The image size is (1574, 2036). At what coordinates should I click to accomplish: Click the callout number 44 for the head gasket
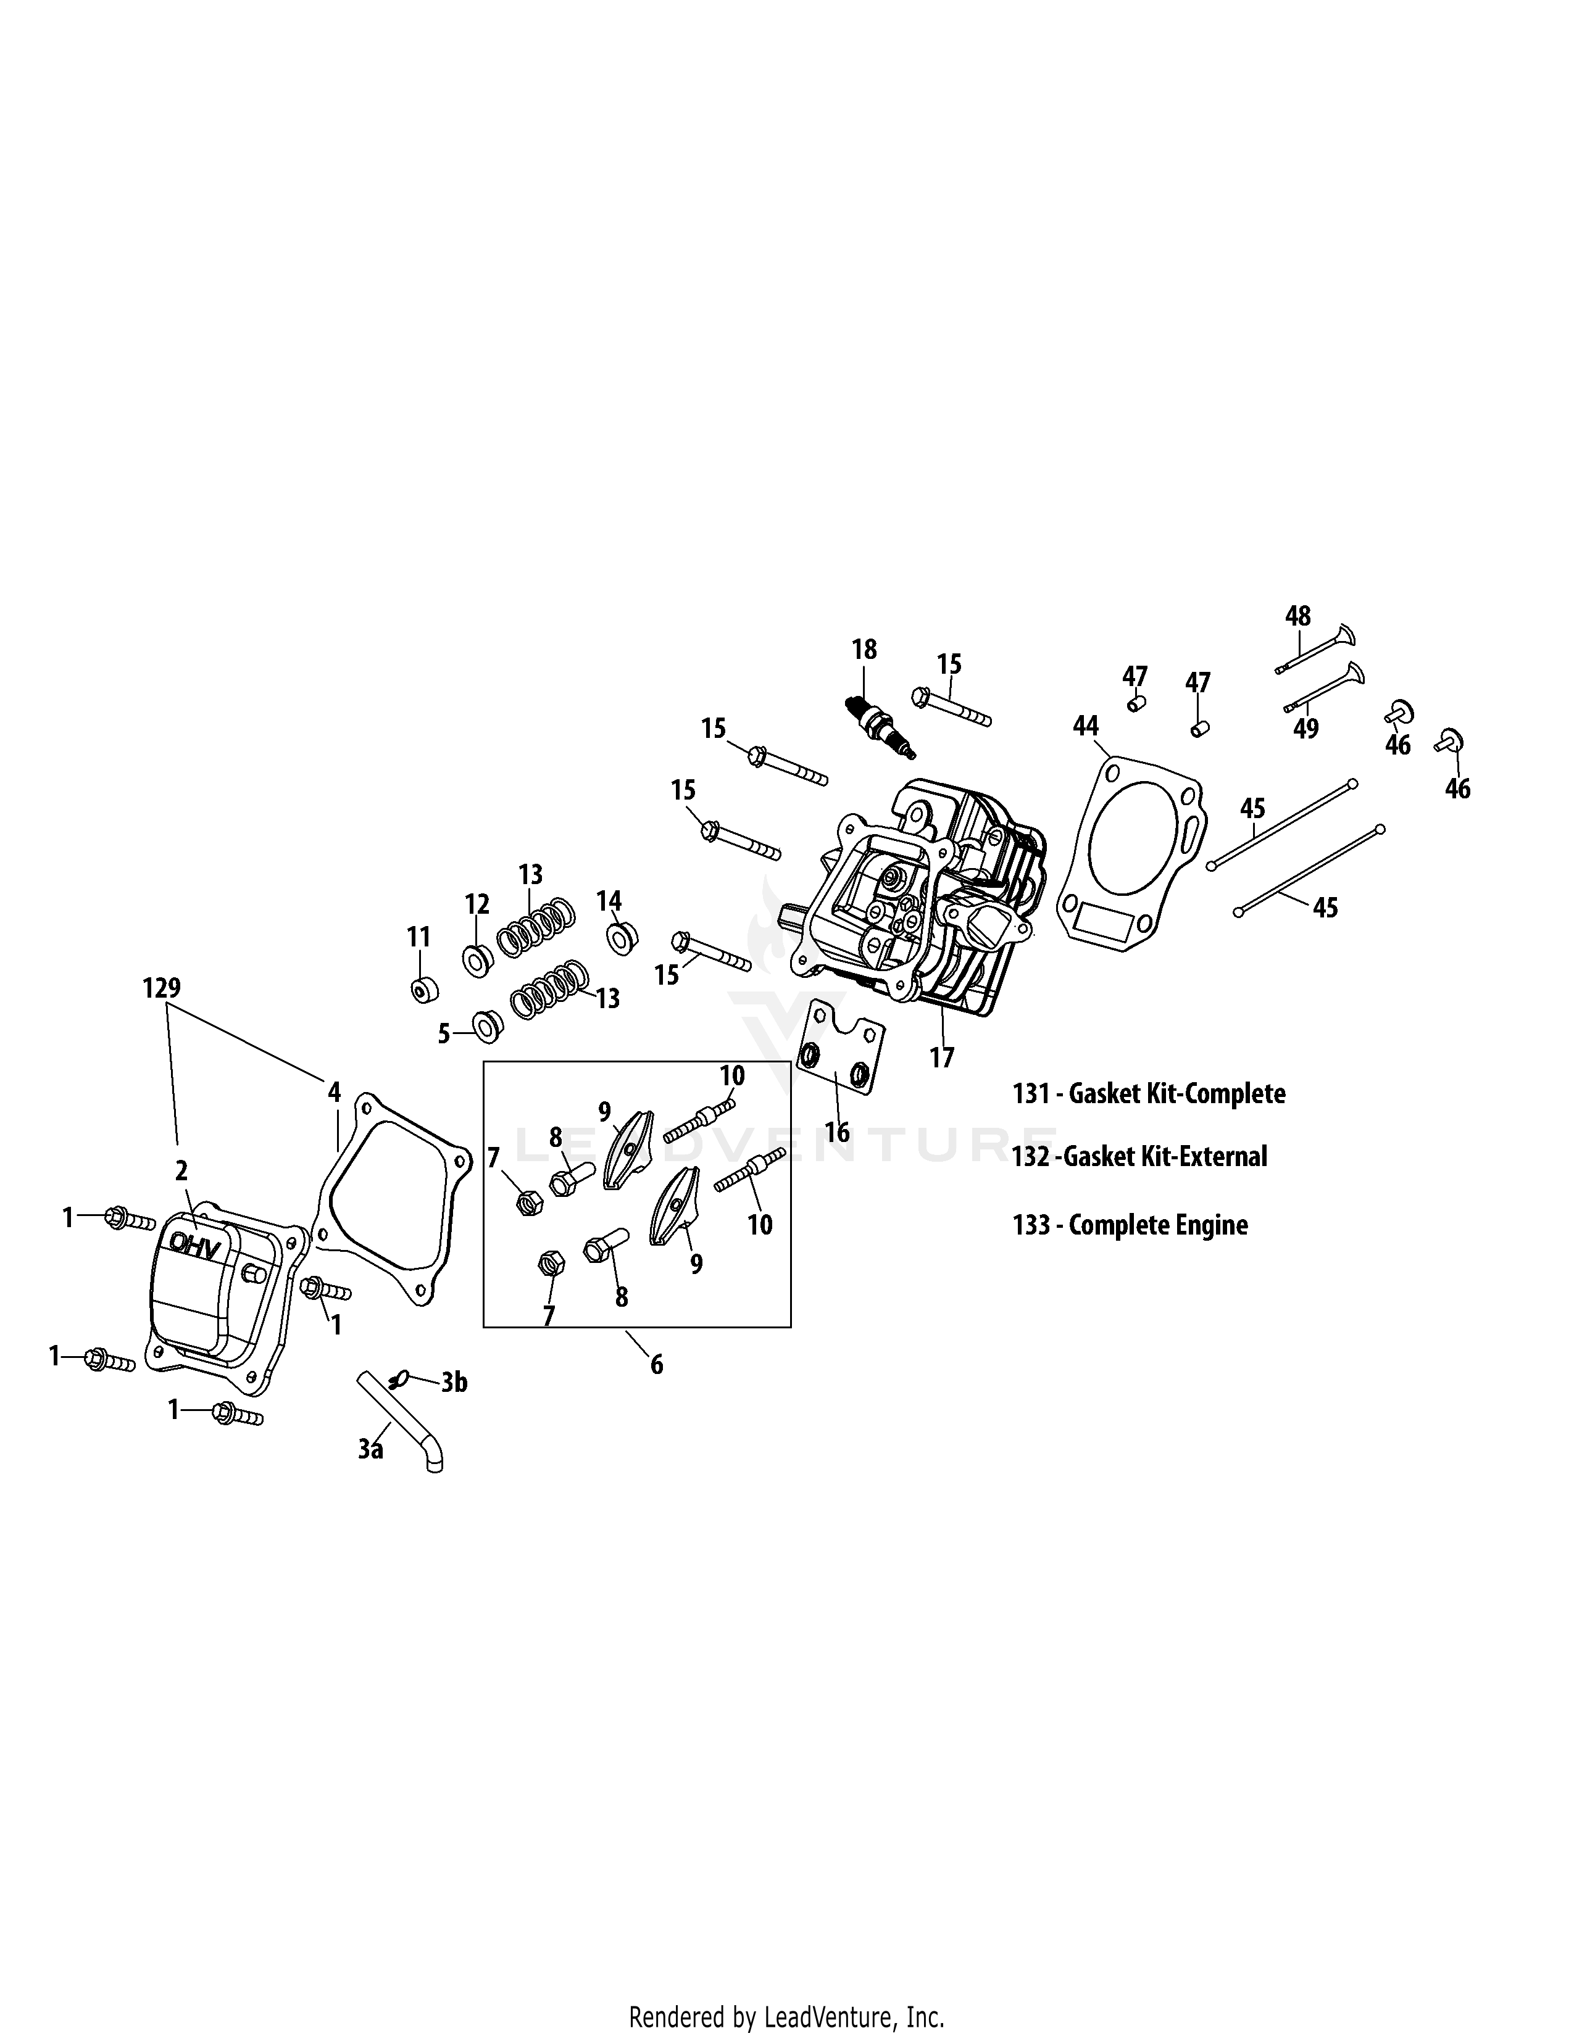[x=1086, y=726]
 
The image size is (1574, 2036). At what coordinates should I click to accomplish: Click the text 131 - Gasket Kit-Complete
[x=1149, y=1093]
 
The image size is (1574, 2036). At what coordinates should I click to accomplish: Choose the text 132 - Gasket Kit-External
[x=1139, y=1157]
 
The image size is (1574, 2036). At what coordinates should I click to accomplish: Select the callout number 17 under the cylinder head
[x=942, y=1058]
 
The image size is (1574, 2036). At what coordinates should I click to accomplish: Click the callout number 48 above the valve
[x=1298, y=616]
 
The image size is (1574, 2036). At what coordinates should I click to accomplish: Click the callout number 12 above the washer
[x=477, y=904]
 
